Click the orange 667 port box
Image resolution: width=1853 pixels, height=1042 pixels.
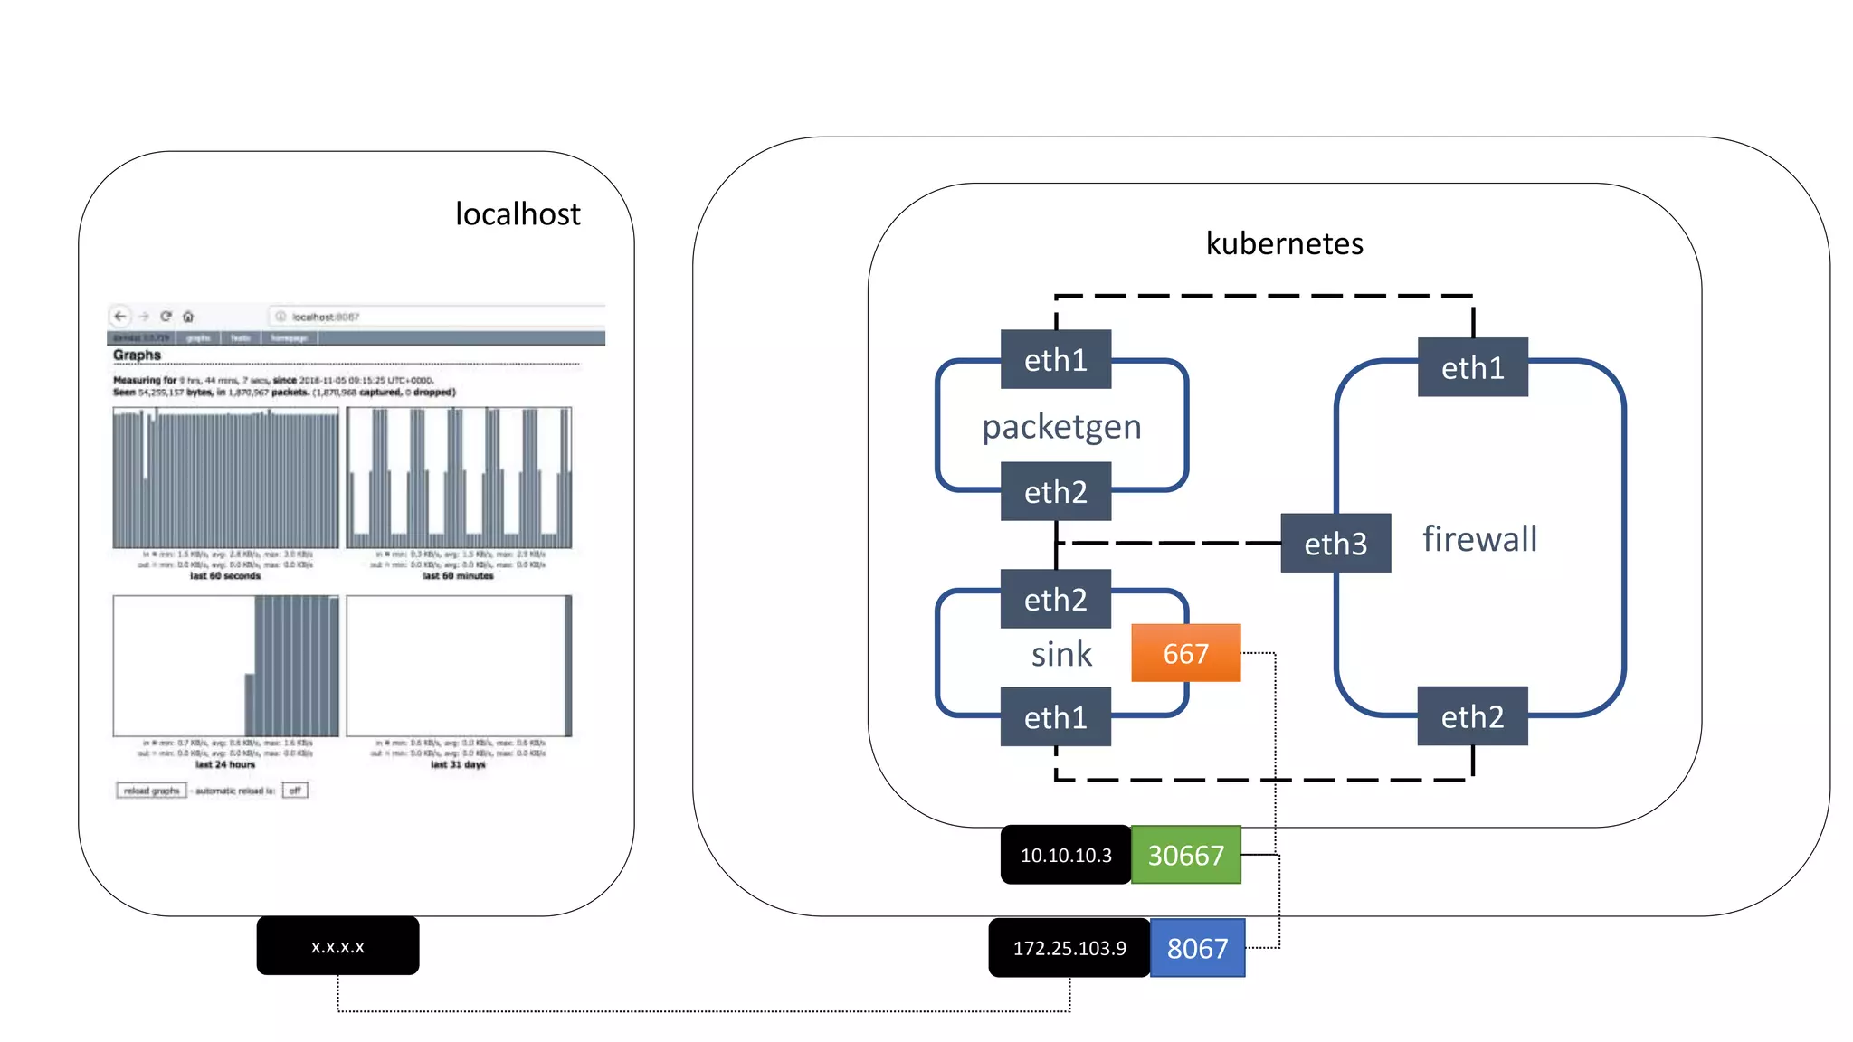point(1185,653)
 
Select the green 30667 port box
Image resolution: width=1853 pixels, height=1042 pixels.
point(1185,855)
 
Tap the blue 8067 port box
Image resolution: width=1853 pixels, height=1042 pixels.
point(1197,948)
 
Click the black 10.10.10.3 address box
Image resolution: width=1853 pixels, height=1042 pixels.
point(1065,855)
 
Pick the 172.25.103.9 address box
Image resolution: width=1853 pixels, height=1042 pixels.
point(1069,948)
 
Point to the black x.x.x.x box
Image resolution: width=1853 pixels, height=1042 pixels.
point(337,946)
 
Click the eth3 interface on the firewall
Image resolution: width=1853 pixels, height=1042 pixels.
point(1335,544)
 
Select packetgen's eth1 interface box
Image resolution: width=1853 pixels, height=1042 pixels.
point(1055,360)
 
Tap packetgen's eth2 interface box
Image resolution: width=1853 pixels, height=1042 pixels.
point(1055,492)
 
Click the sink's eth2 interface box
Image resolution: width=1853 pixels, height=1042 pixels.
point(1055,600)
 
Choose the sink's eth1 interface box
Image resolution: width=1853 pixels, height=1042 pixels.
point(1055,717)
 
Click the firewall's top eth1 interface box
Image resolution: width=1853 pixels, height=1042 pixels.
point(1472,367)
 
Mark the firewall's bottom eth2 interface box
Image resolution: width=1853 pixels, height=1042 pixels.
point(1472,716)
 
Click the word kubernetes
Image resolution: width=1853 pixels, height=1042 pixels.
point(1284,243)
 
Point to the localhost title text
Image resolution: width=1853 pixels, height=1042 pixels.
point(518,214)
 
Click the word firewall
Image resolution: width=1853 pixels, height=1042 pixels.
point(1479,539)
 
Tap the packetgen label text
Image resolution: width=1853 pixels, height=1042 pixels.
point(1061,426)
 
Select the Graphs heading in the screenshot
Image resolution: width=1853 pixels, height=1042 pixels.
point(137,355)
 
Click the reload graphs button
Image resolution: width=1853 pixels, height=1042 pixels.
point(151,791)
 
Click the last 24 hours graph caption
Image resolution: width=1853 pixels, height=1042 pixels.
point(225,764)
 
